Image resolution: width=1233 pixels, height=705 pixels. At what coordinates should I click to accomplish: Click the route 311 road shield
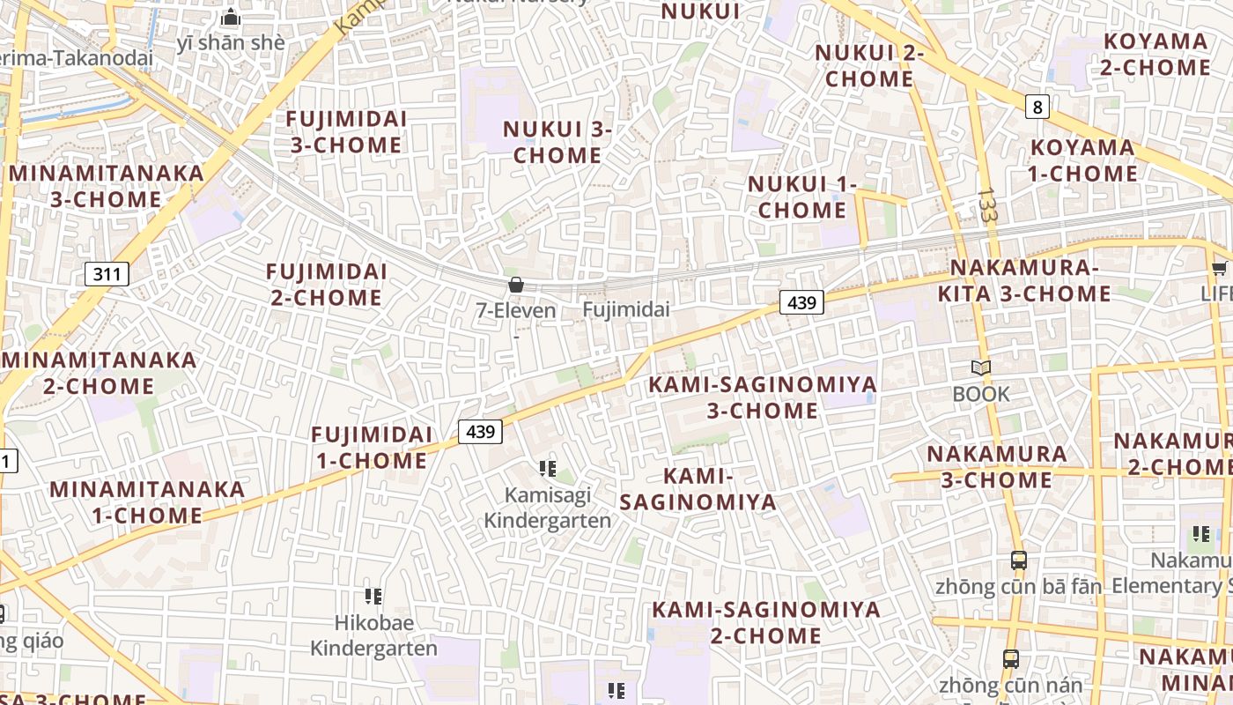[x=107, y=274]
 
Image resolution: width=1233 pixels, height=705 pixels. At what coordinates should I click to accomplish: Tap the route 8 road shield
[x=1038, y=108]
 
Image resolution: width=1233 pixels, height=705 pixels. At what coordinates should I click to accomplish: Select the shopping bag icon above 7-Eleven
[x=516, y=285]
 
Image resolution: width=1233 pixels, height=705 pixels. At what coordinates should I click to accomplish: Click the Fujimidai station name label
[x=626, y=310]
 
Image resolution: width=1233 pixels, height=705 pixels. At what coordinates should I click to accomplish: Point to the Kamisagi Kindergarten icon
[x=548, y=469]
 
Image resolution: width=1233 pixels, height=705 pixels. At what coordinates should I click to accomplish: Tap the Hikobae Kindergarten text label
[x=373, y=635]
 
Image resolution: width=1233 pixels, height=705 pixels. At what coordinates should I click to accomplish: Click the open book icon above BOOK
[x=981, y=367]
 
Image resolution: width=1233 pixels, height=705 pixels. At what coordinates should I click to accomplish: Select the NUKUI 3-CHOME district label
[x=557, y=142]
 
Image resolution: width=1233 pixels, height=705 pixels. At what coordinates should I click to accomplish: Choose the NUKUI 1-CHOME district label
[x=802, y=197]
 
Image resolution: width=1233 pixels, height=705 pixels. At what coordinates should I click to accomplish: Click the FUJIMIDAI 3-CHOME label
[x=346, y=131]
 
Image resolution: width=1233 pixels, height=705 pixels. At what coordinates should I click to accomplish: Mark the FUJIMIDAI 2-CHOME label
[x=326, y=284]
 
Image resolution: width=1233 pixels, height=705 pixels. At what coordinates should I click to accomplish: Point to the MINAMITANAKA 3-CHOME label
[x=107, y=186]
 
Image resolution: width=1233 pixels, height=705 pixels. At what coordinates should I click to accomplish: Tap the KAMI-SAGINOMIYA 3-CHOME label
[x=763, y=397]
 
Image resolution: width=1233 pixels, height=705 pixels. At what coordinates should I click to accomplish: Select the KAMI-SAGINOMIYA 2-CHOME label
[x=765, y=622]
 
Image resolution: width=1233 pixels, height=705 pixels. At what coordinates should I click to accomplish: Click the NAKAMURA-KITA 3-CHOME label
[x=1023, y=280]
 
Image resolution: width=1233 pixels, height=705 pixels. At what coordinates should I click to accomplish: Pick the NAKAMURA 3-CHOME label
[x=997, y=467]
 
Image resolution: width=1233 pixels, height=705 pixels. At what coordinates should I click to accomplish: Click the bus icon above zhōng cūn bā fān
[x=1019, y=560]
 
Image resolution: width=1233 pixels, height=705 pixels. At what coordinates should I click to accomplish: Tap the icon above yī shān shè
[x=231, y=17]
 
